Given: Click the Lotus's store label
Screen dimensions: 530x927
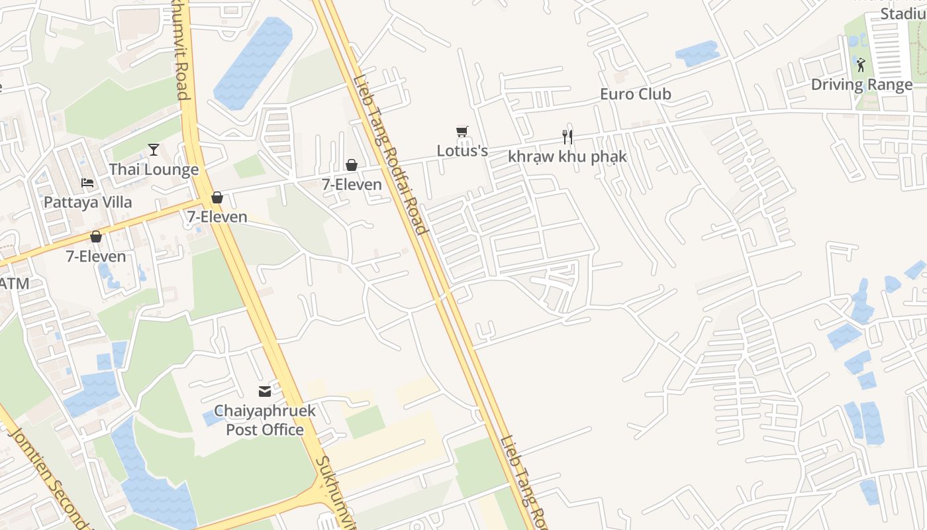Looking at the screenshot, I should pyautogui.click(x=462, y=151).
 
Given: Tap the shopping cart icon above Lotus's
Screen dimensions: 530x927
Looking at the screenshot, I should pyautogui.click(x=462, y=132).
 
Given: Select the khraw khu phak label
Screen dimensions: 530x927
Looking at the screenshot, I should pyautogui.click(x=567, y=157).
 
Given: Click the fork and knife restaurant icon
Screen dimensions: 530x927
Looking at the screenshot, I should pyautogui.click(x=567, y=136).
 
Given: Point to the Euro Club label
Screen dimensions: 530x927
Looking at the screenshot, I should pyautogui.click(x=635, y=94).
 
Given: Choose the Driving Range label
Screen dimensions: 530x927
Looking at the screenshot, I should pyautogui.click(x=861, y=85).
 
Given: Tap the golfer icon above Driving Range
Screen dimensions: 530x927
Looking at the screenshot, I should pyautogui.click(x=861, y=64).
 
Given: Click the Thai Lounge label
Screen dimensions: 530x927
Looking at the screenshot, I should pyautogui.click(x=154, y=170).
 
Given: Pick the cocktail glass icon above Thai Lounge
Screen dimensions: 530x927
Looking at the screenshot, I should pyautogui.click(x=154, y=150).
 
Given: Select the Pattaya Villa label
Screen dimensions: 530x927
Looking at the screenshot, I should pyautogui.click(x=87, y=202).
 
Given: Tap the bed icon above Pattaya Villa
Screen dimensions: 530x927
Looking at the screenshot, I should pyautogui.click(x=87, y=183).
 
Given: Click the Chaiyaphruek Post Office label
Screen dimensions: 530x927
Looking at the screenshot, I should pyautogui.click(x=264, y=420).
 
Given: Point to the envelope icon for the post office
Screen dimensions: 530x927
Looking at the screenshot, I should pyautogui.click(x=265, y=392).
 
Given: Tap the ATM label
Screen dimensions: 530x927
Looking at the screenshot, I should pyautogui.click(x=13, y=284).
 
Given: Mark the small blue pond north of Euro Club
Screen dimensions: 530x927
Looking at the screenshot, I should pyautogui.click(x=697, y=53).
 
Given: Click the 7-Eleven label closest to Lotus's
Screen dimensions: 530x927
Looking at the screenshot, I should pyautogui.click(x=352, y=185).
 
